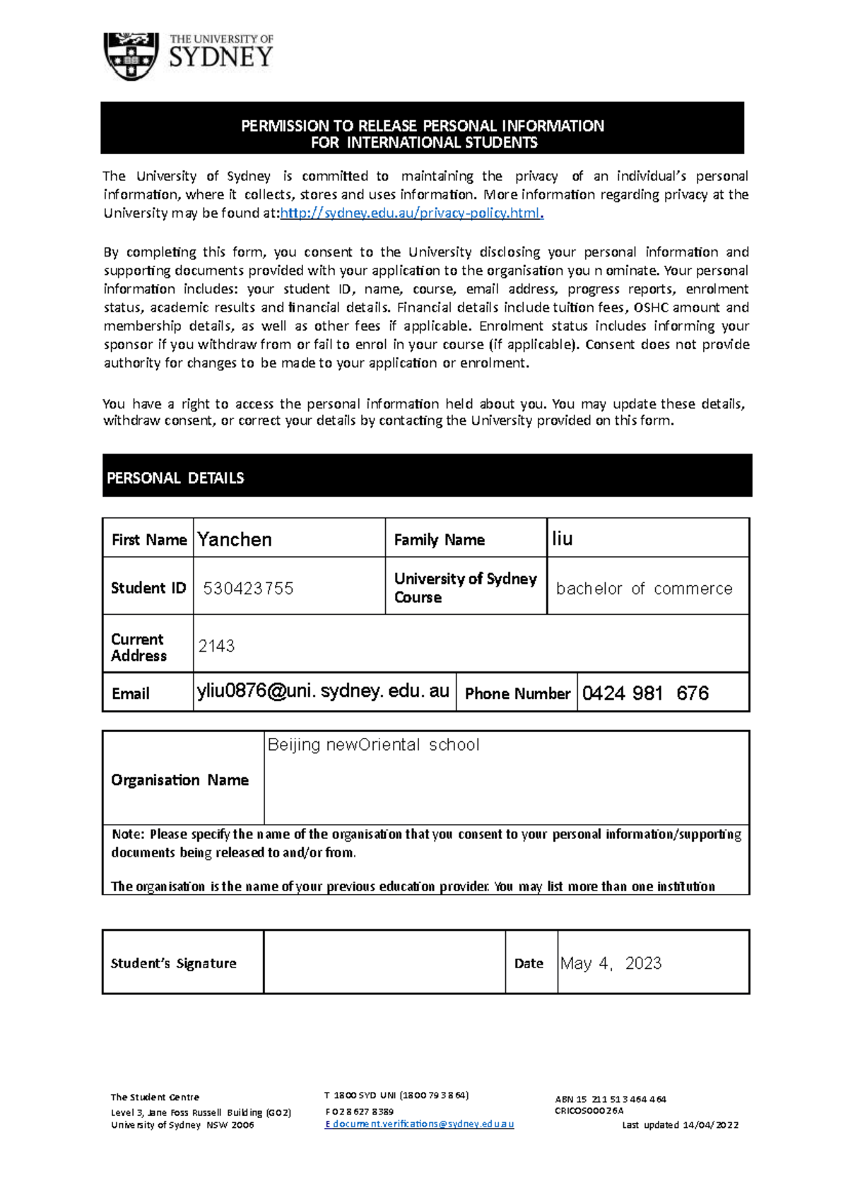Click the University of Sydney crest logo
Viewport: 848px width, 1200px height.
(x=131, y=57)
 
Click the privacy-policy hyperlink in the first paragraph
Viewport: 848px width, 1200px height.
(x=411, y=213)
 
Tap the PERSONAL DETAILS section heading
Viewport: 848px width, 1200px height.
(x=175, y=478)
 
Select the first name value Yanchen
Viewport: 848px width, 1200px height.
(x=235, y=539)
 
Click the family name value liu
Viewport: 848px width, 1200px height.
(x=562, y=539)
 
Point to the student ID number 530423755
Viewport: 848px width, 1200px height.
(x=248, y=589)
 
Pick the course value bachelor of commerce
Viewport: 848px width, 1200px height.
(x=644, y=589)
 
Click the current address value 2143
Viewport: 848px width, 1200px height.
(x=216, y=646)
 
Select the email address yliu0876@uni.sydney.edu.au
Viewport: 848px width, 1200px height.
(x=323, y=691)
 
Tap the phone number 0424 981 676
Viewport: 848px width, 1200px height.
(x=645, y=693)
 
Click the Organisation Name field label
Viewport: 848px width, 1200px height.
(x=179, y=780)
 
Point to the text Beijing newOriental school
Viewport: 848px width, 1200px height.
(x=373, y=745)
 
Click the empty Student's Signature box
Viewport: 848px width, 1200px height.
(x=384, y=963)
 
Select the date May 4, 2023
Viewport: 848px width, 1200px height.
(x=611, y=963)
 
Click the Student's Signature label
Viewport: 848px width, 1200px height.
(x=174, y=963)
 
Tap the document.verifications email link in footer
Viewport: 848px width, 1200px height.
(x=420, y=1124)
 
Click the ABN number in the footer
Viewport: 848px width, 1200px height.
(x=611, y=1099)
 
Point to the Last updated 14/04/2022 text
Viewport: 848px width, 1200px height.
(x=680, y=1124)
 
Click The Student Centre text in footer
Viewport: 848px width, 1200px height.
(x=155, y=1097)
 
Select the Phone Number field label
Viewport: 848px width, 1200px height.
(x=517, y=694)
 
